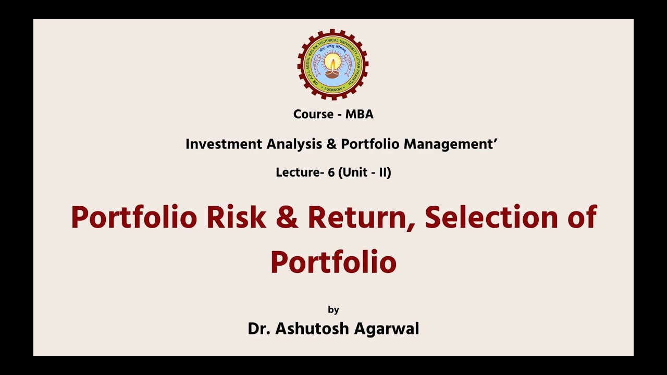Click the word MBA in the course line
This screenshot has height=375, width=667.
359,114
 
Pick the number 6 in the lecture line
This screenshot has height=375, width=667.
331,172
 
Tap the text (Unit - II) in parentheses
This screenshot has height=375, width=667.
365,172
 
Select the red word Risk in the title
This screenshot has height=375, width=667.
236,217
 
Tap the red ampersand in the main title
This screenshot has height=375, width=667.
287,217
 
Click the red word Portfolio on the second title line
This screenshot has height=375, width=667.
333,262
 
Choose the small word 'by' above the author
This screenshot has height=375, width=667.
333,310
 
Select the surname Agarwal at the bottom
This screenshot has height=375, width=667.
387,329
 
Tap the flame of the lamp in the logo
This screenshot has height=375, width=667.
332,64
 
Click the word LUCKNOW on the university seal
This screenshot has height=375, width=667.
333,90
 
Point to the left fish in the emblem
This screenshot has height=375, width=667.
317,65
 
